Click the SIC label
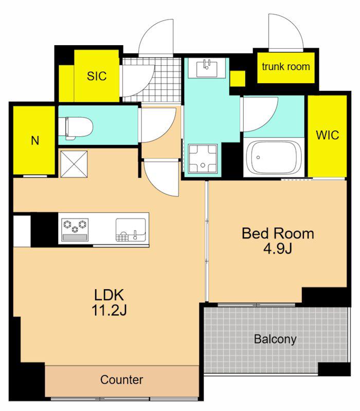pos(97,76)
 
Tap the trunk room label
pos(286,67)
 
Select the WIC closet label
pos(327,135)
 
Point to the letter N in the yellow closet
pos(35,141)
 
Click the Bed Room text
pos(278,233)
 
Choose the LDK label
pos(109,295)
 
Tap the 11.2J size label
pos(109,311)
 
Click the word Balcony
pos(275,339)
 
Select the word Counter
pos(121,380)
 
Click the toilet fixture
pos(76,128)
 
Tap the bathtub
pos(274,158)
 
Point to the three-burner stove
pos(75,230)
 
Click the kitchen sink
pos(131,230)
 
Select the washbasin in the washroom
pos(207,68)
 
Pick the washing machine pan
pos(203,159)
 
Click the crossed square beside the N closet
pos(74,164)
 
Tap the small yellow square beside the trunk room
pos(238,79)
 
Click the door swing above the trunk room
pos(285,32)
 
